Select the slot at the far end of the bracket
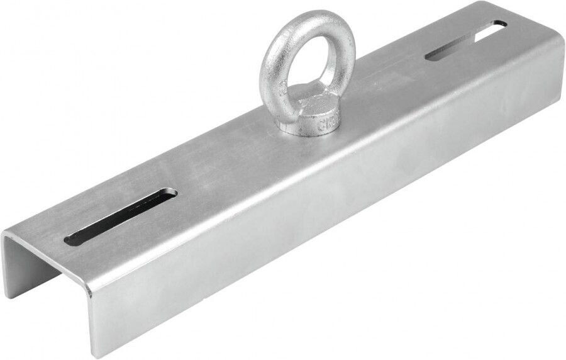coord(465,40)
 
